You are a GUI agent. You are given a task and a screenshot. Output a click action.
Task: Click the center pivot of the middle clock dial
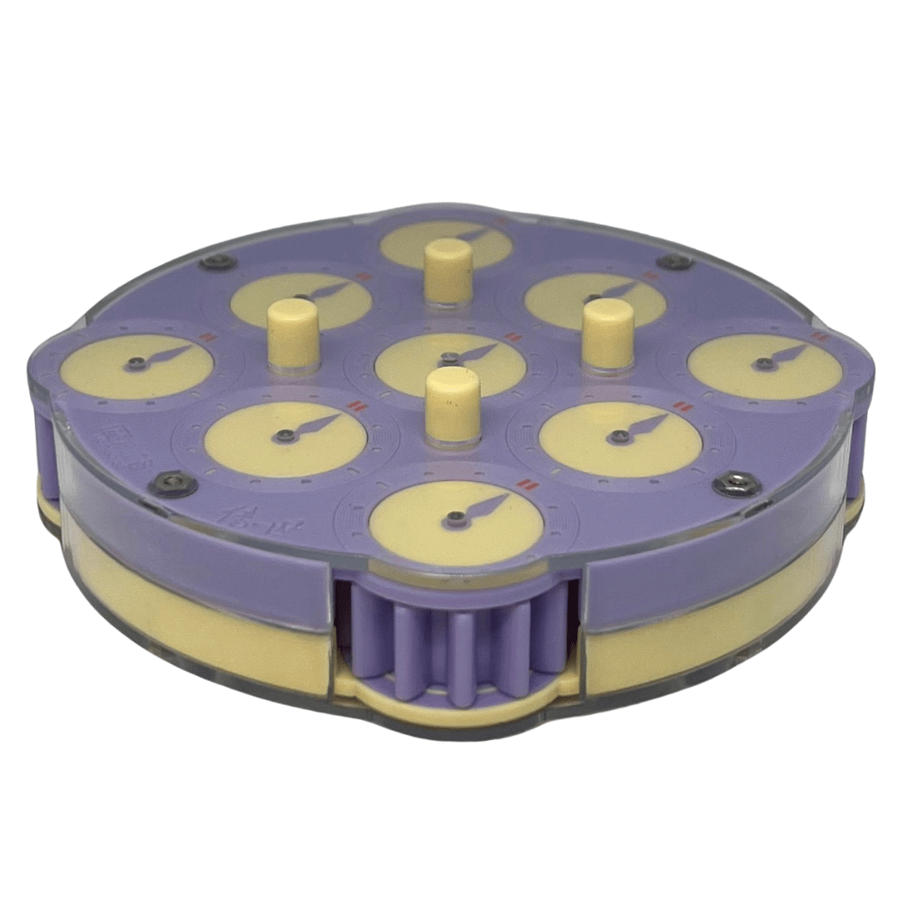[451, 357]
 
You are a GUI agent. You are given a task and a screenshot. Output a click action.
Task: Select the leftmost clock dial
[137, 366]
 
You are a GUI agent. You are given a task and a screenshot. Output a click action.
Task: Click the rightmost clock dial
[764, 365]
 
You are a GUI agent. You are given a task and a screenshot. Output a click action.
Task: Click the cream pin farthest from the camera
[448, 270]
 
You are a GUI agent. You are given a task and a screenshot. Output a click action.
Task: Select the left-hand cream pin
[291, 332]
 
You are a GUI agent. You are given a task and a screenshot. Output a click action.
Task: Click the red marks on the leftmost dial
[207, 338]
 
